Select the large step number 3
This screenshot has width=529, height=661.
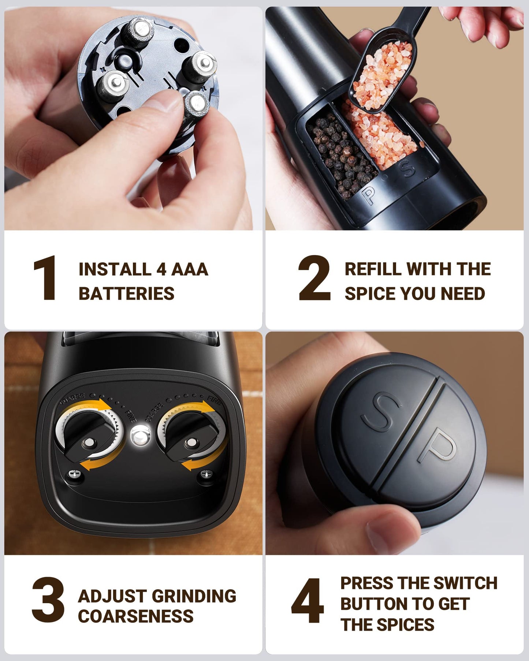pyautogui.click(x=48, y=600)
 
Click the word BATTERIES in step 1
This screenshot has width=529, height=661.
pyautogui.click(x=126, y=294)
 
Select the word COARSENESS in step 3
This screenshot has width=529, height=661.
pyautogui.click(x=136, y=616)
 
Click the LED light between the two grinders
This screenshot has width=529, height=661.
pyautogui.click(x=141, y=436)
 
